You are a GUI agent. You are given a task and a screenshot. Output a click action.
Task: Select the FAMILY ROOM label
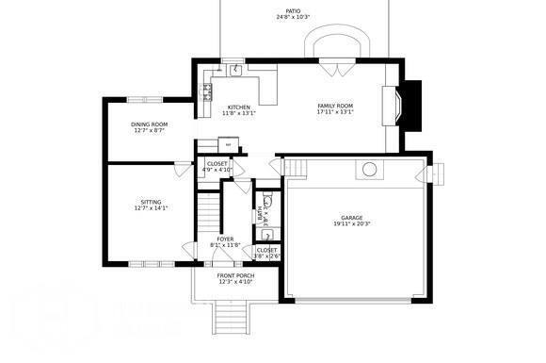334,107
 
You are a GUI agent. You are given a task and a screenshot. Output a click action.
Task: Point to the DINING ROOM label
149,124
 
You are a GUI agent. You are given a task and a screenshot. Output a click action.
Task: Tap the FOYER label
226,239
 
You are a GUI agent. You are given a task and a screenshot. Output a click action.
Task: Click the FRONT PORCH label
236,277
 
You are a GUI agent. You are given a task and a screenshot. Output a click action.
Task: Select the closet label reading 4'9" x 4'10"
217,167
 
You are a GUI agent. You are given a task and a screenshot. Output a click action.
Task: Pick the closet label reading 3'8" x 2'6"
267,252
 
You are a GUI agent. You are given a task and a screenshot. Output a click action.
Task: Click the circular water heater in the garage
370,170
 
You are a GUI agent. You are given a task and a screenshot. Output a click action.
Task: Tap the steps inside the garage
296,168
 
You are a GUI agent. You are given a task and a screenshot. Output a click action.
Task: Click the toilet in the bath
267,200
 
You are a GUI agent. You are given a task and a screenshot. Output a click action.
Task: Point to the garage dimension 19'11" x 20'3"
352,224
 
